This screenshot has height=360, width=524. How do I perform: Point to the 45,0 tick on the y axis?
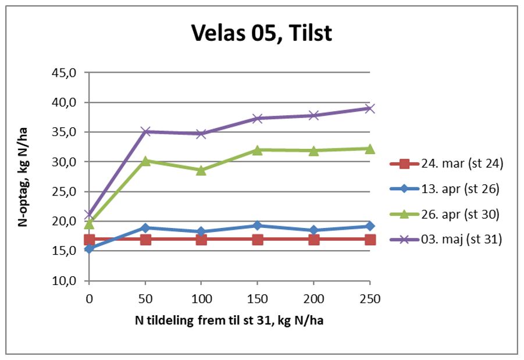[65, 73]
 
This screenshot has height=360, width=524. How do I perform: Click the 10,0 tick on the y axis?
[65, 281]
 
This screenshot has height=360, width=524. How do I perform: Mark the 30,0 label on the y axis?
[65, 162]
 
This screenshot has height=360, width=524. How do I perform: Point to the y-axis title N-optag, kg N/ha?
[23, 177]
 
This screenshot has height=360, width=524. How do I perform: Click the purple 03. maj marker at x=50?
[145, 131]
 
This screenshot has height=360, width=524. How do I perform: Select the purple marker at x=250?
[370, 108]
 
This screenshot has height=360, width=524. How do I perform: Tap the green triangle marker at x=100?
[201, 170]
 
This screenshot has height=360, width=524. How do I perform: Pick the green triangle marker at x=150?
[258, 149]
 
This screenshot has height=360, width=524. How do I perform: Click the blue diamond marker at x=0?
[89, 249]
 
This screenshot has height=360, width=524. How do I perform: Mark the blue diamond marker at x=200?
[314, 230]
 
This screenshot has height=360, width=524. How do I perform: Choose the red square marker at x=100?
[201, 240]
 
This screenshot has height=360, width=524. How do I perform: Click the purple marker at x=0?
[89, 215]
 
